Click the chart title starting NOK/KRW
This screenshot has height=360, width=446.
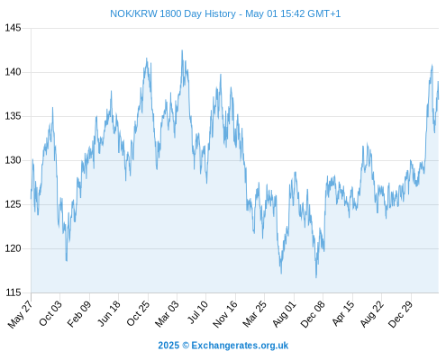(x=225, y=13)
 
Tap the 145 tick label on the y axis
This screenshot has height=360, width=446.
(x=13, y=28)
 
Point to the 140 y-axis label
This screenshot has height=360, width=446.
(x=13, y=72)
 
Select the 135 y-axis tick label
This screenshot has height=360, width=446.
(x=13, y=116)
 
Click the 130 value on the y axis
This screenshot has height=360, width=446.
(x=13, y=160)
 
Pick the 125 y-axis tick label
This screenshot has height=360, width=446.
(x=13, y=204)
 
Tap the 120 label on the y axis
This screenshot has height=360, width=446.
(x=13, y=248)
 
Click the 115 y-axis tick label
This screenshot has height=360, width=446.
(x=13, y=292)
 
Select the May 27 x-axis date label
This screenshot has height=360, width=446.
(x=20, y=314)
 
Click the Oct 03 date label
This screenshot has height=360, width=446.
(x=50, y=313)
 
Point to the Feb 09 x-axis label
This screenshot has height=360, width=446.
(x=79, y=313)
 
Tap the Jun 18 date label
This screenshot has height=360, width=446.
(x=109, y=313)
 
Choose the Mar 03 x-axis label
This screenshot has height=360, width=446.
(x=167, y=313)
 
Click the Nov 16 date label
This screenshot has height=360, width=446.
(x=225, y=314)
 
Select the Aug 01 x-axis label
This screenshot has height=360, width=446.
(x=284, y=313)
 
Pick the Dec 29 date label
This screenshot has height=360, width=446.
(x=401, y=314)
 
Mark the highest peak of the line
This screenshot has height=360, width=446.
(x=182, y=50)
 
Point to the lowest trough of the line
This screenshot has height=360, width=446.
(x=316, y=277)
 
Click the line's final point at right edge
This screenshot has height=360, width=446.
(x=439, y=99)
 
